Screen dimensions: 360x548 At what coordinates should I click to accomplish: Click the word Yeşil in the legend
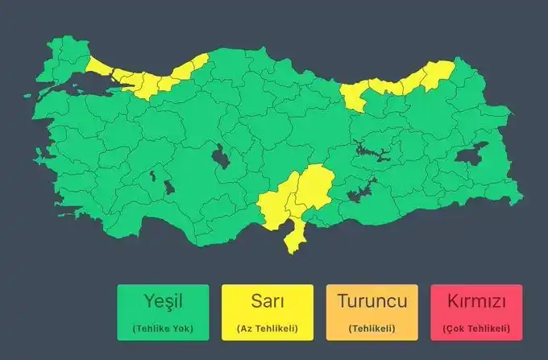[x=162, y=303]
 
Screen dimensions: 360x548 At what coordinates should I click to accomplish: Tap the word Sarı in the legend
[x=267, y=303]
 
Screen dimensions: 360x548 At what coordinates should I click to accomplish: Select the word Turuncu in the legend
[x=372, y=303]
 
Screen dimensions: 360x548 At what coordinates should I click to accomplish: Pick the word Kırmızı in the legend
[x=476, y=303]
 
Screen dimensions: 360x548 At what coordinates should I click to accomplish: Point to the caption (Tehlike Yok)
[x=162, y=329]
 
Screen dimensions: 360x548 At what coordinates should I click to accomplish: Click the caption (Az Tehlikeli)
[x=267, y=329]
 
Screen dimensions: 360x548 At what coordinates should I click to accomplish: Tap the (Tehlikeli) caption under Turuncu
[x=372, y=329]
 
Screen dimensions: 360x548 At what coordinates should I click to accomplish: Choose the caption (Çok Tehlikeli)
[x=476, y=329]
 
